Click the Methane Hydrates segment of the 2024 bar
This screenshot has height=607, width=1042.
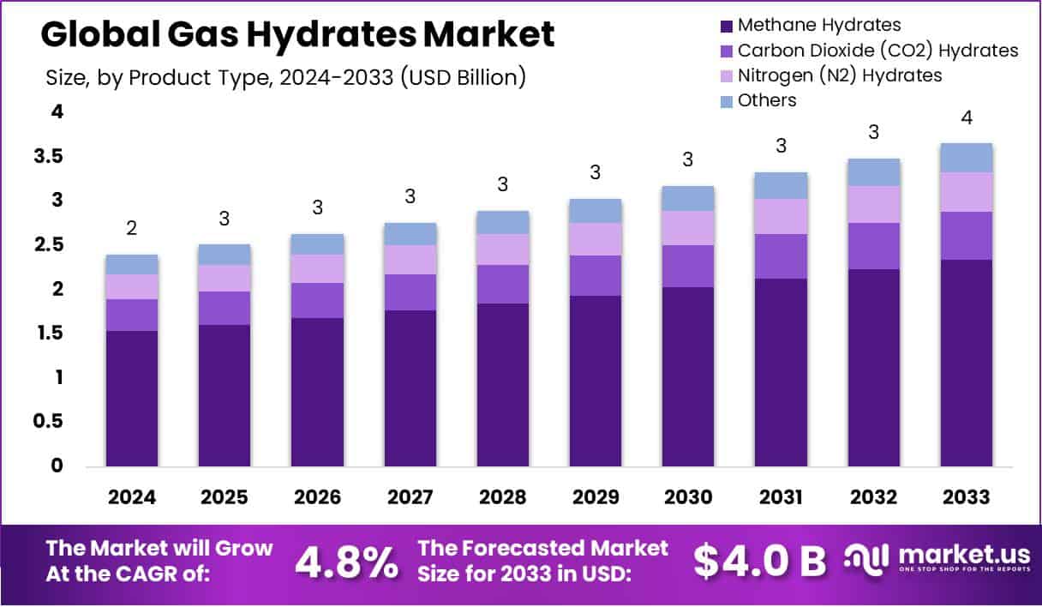pyautogui.click(x=132, y=399)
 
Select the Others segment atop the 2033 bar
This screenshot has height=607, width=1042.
pyautogui.click(x=966, y=158)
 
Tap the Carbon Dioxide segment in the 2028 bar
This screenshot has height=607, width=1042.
pyautogui.click(x=503, y=284)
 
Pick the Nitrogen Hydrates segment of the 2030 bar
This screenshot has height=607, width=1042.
pyautogui.click(x=688, y=228)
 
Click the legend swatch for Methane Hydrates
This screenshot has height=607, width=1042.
pyautogui.click(x=727, y=26)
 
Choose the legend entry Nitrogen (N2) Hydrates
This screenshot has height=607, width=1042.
pyautogui.click(x=839, y=75)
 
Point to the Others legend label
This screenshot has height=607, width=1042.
pyautogui.click(x=766, y=100)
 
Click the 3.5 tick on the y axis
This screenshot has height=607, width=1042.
pyautogui.click(x=49, y=156)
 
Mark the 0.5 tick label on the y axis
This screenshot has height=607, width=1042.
pyautogui.click(x=49, y=421)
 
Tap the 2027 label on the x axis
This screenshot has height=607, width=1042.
pyautogui.click(x=410, y=497)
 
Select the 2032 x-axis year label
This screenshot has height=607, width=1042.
pyautogui.click(x=873, y=497)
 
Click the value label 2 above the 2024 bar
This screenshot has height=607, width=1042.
pyautogui.click(x=132, y=228)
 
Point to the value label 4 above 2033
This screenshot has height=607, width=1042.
pyautogui.click(x=967, y=117)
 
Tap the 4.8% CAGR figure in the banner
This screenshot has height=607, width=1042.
pyautogui.click(x=346, y=562)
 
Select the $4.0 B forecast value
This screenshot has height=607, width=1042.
pyautogui.click(x=759, y=561)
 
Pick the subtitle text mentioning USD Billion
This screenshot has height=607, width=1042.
pyautogui.click(x=284, y=77)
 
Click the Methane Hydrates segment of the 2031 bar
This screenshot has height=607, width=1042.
pyautogui.click(x=781, y=373)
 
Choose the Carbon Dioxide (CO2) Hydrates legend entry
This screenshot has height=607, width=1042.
pyautogui.click(x=877, y=51)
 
